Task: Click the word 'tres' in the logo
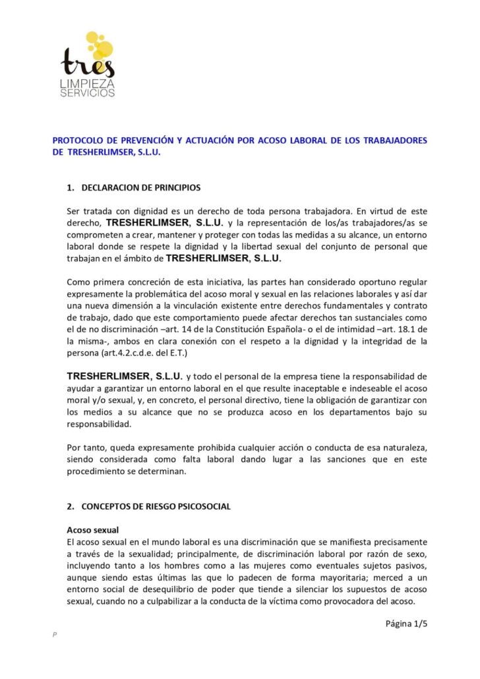click(x=88, y=64)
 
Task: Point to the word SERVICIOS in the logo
click(x=88, y=93)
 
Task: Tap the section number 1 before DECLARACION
click(x=70, y=188)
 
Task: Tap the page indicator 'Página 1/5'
click(x=407, y=623)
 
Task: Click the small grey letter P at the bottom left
click(x=55, y=634)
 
